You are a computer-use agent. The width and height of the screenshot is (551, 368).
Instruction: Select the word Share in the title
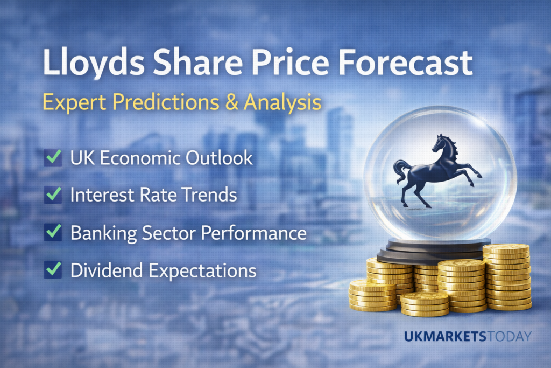pyautogui.click(x=182, y=65)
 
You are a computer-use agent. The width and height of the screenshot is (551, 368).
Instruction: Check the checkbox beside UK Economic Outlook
pyautogui.click(x=53, y=158)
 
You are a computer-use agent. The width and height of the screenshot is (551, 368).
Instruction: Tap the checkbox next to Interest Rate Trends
pyautogui.click(x=53, y=196)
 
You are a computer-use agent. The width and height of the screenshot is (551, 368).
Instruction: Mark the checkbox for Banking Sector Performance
pyautogui.click(x=53, y=233)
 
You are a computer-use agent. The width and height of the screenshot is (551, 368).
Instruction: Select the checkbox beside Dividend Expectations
pyautogui.click(x=53, y=270)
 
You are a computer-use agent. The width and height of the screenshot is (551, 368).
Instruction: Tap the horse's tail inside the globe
pyautogui.click(x=399, y=172)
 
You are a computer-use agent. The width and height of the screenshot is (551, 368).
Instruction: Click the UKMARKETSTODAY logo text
pyautogui.click(x=468, y=337)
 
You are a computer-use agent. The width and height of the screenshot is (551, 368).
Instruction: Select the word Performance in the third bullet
pyautogui.click(x=254, y=233)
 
